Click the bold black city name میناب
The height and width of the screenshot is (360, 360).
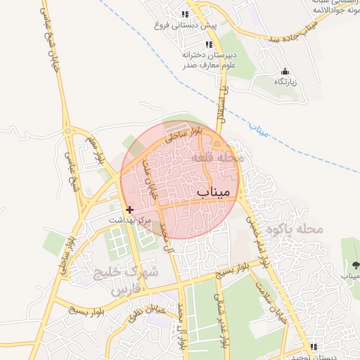point(213,191)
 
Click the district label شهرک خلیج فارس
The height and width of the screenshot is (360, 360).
point(129,281)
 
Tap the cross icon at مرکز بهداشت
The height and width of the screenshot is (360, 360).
point(129,210)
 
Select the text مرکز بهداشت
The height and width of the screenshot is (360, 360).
point(130,221)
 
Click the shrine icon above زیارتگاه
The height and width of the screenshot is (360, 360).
point(285,71)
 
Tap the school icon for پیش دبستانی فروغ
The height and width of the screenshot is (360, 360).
point(185,14)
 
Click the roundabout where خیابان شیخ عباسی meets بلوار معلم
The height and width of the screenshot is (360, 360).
point(67,130)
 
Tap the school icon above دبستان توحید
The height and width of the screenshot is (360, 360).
point(314,346)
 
